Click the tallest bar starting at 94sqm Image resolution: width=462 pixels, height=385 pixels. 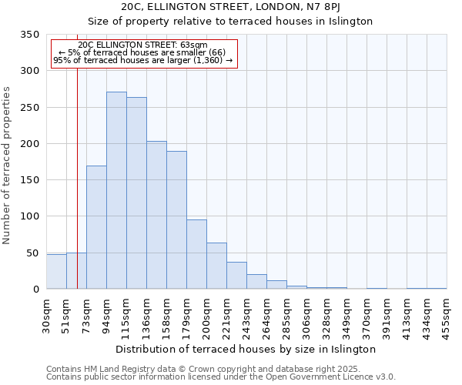point(116,190)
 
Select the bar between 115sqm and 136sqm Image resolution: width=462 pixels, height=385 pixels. point(136,193)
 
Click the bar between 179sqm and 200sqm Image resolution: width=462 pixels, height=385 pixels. point(196,254)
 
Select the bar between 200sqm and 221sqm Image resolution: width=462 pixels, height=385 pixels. point(216,266)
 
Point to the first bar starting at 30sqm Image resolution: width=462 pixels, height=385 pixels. point(56,272)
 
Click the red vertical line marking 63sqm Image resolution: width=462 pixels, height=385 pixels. point(77,177)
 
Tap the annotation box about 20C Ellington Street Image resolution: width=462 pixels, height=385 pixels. point(144,53)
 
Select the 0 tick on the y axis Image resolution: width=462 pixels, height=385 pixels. point(36,290)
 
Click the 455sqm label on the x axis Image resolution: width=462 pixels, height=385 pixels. point(447,315)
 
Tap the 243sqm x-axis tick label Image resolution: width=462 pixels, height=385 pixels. point(246,315)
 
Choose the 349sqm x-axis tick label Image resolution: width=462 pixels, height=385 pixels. point(346,315)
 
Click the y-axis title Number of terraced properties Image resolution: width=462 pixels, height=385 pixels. point(7,166)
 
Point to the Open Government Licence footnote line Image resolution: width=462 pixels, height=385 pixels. point(221,377)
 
